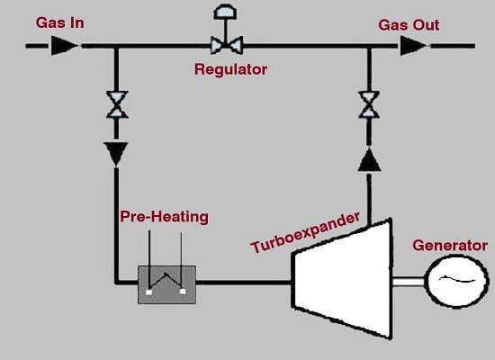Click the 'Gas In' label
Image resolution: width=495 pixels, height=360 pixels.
pos(60,23)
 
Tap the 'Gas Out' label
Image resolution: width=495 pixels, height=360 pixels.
pos(409,25)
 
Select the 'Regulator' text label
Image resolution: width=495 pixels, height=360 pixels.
pos(230,69)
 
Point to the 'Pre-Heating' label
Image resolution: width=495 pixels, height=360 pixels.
pos(164,217)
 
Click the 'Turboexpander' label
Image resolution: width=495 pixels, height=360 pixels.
pos(305,232)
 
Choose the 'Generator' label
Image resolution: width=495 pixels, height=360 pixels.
pos(450,246)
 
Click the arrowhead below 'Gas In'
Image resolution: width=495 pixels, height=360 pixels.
pos(65,46)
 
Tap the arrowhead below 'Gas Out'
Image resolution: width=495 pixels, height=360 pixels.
pos(414,46)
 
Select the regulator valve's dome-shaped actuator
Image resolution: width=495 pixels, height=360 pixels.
pos(225,11)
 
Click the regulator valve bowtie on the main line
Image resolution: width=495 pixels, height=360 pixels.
pos(227,46)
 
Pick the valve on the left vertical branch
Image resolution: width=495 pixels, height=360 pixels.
pos(117,104)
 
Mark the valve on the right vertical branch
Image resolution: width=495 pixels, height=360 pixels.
pos(369,104)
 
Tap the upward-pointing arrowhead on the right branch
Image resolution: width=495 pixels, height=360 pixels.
pos(369,159)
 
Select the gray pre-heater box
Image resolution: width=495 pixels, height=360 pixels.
pos(166,284)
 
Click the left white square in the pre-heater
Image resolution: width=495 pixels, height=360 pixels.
pos(149,292)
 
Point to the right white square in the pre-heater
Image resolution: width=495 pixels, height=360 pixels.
pos(183,292)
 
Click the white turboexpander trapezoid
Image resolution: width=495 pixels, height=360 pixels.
pos(343,279)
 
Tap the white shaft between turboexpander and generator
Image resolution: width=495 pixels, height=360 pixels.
pos(409,281)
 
